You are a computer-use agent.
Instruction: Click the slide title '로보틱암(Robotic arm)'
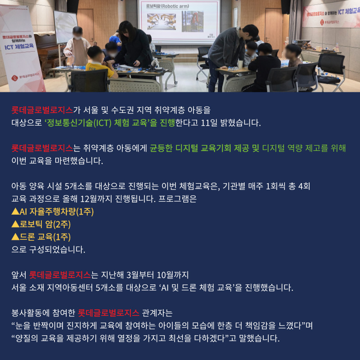pos(167,6)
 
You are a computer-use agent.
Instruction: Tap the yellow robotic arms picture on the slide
pos(162,22)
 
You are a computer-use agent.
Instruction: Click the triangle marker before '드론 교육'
pos(15,237)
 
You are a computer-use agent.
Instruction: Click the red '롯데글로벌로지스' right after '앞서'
pos(60,275)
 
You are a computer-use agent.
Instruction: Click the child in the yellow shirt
pos(99,63)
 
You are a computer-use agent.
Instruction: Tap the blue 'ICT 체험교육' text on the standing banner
pos(19,47)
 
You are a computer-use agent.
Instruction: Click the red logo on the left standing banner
pos(14,78)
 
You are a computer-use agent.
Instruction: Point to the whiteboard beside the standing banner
pos(65,27)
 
